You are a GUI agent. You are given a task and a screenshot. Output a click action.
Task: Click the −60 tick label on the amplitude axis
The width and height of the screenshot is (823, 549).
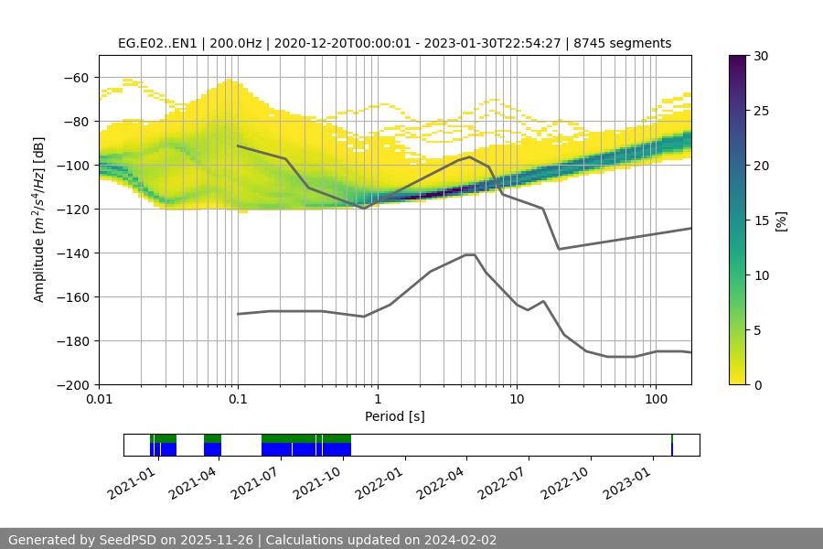tap(76, 78)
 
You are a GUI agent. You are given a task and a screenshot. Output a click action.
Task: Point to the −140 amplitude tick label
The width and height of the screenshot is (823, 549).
tap(72, 253)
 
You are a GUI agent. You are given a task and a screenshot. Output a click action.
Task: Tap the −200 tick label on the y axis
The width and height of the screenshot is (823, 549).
tap(72, 385)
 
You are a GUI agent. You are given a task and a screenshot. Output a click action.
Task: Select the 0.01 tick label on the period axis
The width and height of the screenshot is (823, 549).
tap(100, 400)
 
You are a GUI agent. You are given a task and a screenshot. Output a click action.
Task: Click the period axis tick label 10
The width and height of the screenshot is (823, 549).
tap(517, 400)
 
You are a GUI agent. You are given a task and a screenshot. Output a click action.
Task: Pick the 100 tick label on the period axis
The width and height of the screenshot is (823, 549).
tap(656, 400)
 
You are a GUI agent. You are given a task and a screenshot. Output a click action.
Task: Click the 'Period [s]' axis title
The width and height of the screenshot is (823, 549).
tap(395, 416)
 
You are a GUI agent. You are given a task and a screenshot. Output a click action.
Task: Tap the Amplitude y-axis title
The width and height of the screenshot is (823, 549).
tap(39, 220)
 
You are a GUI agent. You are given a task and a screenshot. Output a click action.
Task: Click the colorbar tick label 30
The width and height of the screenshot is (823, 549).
tap(761, 56)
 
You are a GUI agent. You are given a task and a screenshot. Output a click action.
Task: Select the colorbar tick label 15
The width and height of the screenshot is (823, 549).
tap(761, 221)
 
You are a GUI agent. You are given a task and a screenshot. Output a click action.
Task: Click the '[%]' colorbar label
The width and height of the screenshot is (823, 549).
tap(783, 220)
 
